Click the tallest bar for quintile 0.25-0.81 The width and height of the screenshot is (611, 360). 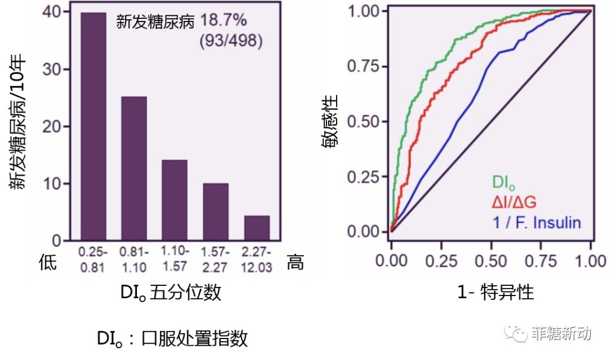(93, 126)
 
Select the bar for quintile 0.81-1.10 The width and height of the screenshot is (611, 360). (134, 168)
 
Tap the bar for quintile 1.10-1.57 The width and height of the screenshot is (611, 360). (175, 200)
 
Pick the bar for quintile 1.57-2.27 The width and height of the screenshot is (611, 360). (216, 212)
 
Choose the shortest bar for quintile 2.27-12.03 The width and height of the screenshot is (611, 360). (257, 228)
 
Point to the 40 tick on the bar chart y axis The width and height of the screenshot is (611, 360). (52, 12)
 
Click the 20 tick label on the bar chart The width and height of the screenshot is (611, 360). (52, 126)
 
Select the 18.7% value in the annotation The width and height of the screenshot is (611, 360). (223, 20)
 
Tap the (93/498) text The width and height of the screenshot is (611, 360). (231, 41)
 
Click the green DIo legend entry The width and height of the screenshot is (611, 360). (504, 182)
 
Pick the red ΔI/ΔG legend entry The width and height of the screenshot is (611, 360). (514, 202)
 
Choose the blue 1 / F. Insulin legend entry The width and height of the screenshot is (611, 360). (537, 222)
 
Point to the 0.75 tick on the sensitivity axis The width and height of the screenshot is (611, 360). (363, 66)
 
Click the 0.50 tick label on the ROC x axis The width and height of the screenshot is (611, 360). (491, 260)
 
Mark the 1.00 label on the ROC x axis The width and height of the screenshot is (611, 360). (591, 260)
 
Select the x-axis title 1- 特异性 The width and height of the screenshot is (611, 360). (495, 292)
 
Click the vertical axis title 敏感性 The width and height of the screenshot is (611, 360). (330, 121)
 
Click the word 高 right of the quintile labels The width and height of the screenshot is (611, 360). (295, 262)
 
